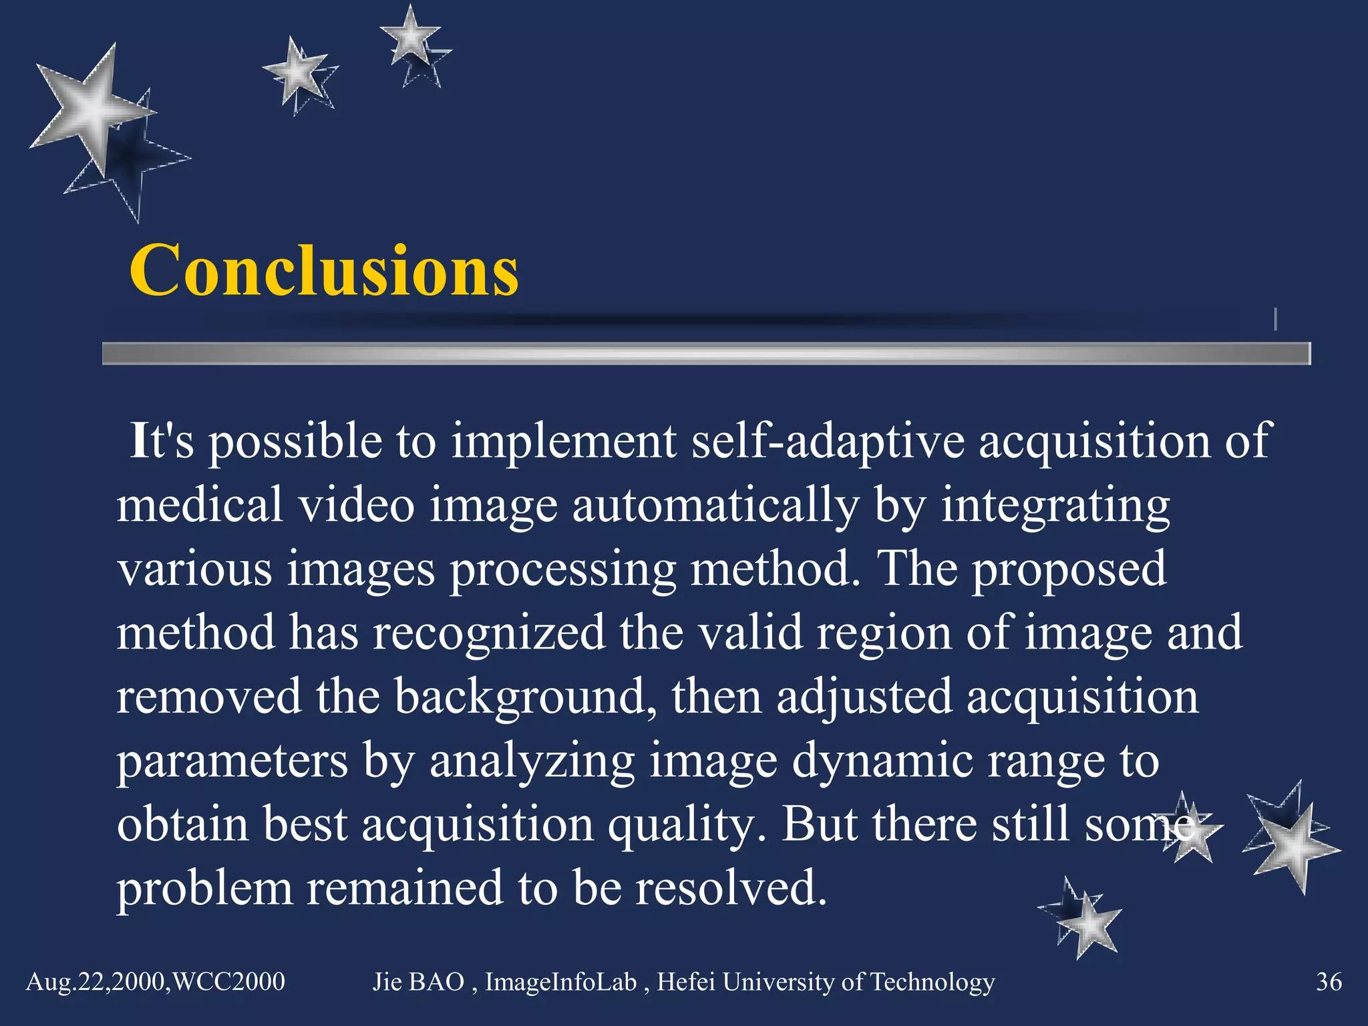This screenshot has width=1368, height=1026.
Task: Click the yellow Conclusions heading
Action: point(324,271)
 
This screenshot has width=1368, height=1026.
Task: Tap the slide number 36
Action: point(1328,981)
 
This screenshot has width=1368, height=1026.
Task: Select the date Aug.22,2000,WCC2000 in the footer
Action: point(156,981)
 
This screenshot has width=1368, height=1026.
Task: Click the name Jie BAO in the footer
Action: point(418,981)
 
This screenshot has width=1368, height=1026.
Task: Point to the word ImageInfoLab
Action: point(560,981)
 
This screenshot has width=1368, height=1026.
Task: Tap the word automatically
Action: point(715,505)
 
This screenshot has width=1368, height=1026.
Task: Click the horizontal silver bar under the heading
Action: point(705,353)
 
